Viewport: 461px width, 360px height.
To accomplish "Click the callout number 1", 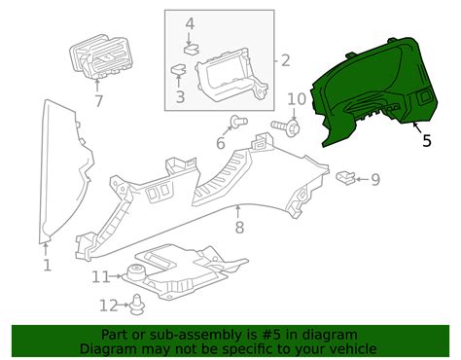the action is (x=48, y=265).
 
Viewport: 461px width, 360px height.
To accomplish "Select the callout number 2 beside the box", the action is (x=285, y=60).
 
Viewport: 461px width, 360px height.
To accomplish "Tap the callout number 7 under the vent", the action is (x=97, y=101).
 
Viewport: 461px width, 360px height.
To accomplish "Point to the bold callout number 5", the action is (x=427, y=140).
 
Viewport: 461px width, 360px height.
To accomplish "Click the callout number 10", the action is (x=297, y=99).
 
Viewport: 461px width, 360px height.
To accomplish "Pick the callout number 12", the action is (x=109, y=306).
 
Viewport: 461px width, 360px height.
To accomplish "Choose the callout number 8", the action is (x=239, y=228).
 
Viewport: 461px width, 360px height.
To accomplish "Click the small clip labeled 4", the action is (x=192, y=50).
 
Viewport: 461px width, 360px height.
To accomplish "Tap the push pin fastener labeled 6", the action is (x=239, y=122).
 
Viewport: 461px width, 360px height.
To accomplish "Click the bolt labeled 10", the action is (x=286, y=126).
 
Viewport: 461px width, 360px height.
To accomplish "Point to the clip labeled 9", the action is (x=346, y=178).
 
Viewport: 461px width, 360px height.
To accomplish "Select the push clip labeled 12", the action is (x=137, y=305).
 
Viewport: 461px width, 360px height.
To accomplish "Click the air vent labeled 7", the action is (x=100, y=56).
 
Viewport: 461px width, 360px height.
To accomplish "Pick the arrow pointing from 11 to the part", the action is (x=115, y=276).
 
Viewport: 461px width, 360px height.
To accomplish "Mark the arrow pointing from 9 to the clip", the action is (x=362, y=179).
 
